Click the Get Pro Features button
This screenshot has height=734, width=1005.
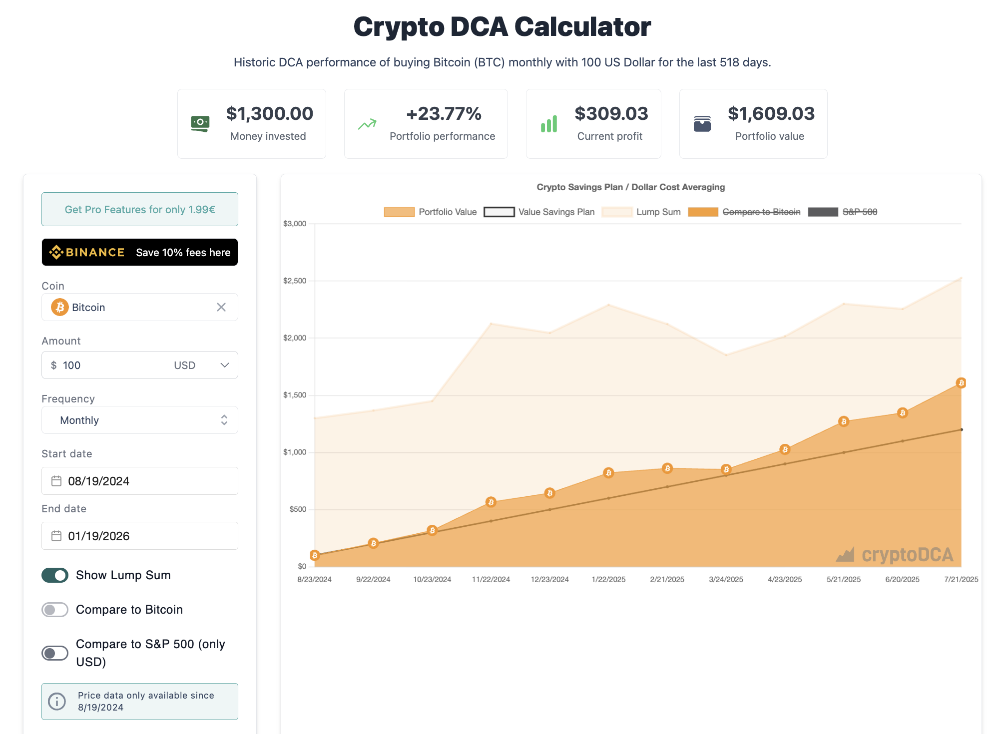[x=140, y=210]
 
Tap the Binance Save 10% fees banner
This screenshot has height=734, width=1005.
[x=140, y=253]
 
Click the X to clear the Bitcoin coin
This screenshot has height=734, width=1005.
[x=221, y=307]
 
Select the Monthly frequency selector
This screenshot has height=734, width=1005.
[x=140, y=420]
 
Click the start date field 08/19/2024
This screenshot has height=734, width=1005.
[x=140, y=481]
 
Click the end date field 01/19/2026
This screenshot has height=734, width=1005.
[x=140, y=536]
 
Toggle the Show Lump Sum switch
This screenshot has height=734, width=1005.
[x=55, y=575]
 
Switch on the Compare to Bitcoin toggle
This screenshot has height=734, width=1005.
[x=55, y=610]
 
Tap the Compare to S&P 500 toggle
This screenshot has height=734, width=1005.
[x=55, y=653]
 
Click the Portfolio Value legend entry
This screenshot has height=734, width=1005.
[x=430, y=212]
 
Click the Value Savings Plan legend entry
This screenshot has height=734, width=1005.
[x=539, y=212]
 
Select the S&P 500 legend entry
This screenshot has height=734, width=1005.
[x=843, y=212]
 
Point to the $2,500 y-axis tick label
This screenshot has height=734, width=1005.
[x=295, y=281]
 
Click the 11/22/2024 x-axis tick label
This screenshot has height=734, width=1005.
[x=491, y=580]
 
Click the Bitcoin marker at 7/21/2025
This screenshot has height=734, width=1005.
[x=961, y=383]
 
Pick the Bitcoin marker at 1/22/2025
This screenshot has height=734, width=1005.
[x=608, y=473]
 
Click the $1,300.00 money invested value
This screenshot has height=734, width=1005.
[x=270, y=114]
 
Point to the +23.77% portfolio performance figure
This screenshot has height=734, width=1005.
[x=444, y=114]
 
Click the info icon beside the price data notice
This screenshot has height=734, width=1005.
[x=57, y=702]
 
